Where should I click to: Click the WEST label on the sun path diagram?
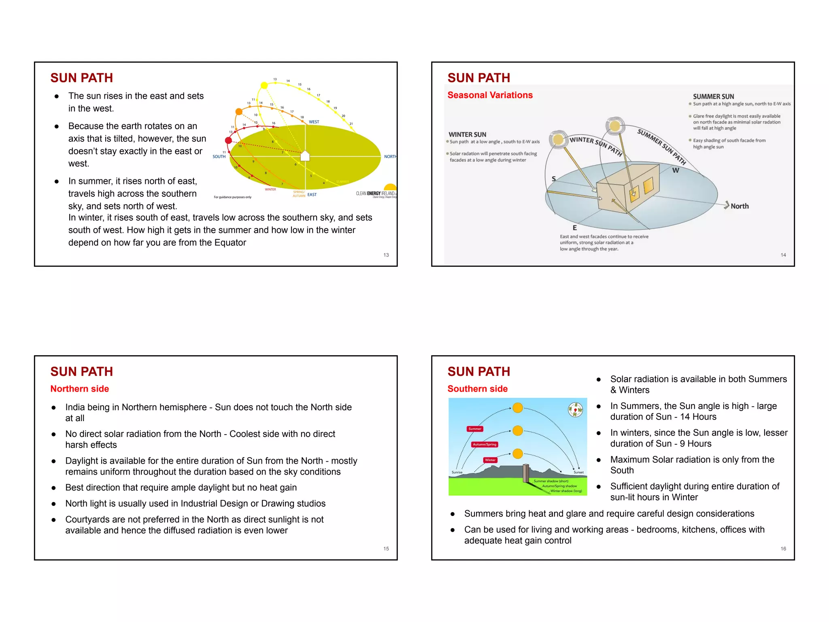click(x=314, y=122)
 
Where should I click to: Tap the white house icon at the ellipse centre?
click(x=305, y=156)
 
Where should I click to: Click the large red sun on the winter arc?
click(x=228, y=141)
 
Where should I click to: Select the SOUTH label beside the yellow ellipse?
click(x=219, y=157)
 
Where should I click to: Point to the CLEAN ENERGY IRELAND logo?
click(x=376, y=194)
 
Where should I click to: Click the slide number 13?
click(x=386, y=255)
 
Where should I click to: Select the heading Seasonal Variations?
click(x=490, y=95)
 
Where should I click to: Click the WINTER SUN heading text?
click(x=467, y=134)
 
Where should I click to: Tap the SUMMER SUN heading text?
click(x=713, y=96)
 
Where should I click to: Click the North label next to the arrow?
click(x=740, y=206)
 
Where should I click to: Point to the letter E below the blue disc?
click(x=574, y=228)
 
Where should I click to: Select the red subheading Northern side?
click(x=80, y=389)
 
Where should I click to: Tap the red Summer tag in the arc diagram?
click(x=475, y=429)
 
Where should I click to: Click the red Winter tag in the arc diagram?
click(x=490, y=460)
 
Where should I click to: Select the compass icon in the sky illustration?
click(x=575, y=409)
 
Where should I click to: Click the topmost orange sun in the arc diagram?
click(x=518, y=408)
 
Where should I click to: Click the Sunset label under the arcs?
click(x=578, y=473)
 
